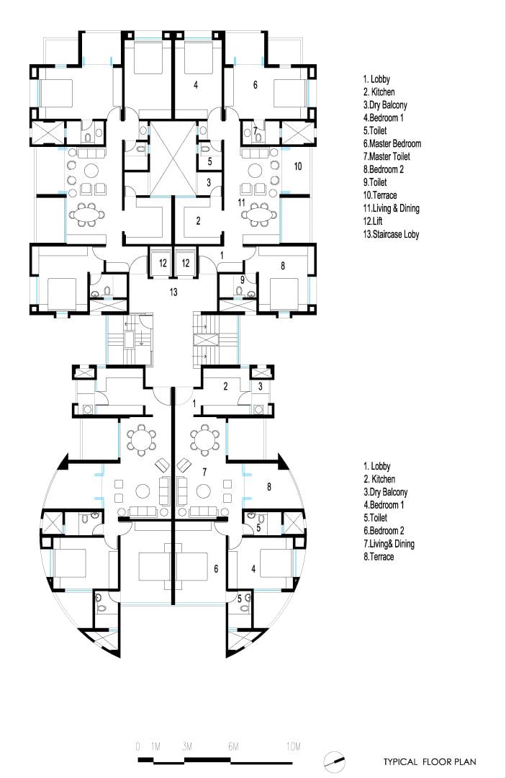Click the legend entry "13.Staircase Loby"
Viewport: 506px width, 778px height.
[391, 234]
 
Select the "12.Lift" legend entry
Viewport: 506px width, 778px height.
[373, 221]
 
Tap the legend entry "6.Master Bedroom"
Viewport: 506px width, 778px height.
[392, 144]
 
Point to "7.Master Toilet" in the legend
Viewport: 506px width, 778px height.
[387, 157]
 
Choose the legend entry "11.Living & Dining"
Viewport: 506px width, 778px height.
[391, 208]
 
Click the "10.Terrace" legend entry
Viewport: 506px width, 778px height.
[379, 195]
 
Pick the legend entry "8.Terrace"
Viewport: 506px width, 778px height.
[379, 557]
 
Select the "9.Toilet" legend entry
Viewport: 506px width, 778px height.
[375, 182]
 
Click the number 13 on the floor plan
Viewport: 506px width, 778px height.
[173, 292]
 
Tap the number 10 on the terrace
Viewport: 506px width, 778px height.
[297, 166]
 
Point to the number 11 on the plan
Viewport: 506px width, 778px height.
[241, 202]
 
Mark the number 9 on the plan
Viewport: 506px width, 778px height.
[243, 280]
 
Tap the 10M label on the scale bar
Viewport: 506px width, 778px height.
[294, 746]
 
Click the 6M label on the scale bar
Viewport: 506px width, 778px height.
[233, 746]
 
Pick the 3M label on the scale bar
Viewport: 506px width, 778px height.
[187, 746]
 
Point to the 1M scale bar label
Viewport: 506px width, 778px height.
[155, 746]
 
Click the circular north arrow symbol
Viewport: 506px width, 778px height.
[334, 761]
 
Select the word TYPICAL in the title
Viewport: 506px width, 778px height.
[400, 761]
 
